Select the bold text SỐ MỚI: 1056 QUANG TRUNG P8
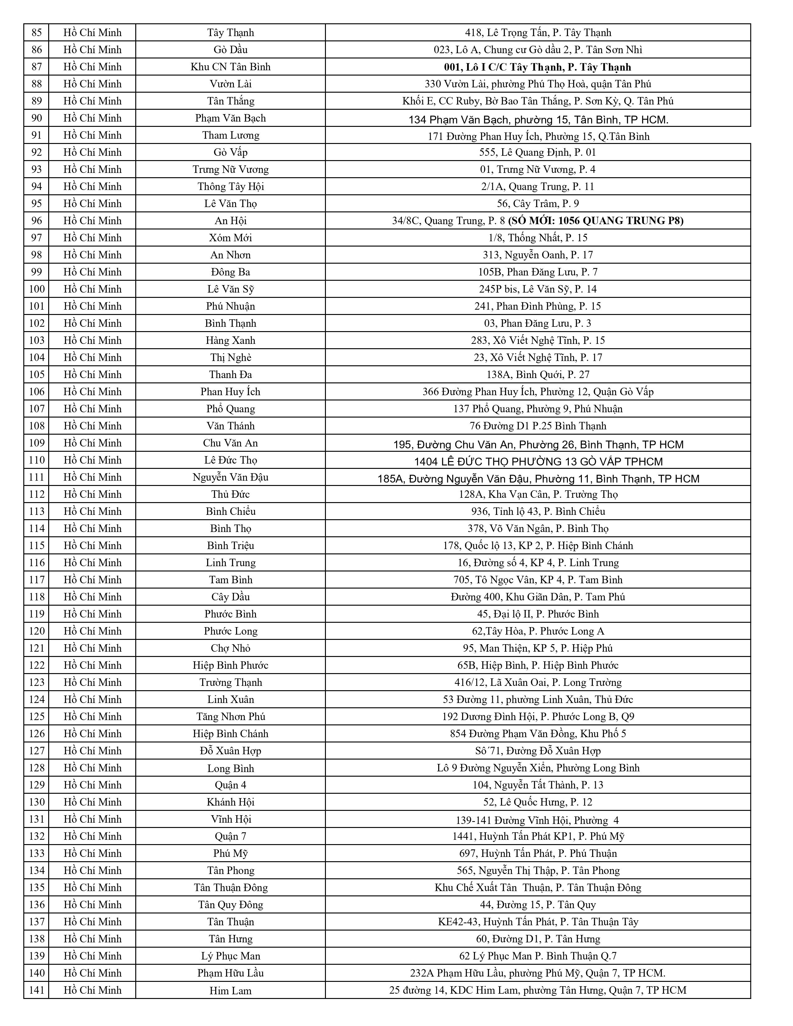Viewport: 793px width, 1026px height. point(596,221)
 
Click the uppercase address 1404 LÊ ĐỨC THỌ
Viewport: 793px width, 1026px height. point(538,462)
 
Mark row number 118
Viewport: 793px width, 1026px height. point(37,597)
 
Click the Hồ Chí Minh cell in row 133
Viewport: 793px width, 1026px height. point(93,853)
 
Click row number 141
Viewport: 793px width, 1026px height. point(37,990)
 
